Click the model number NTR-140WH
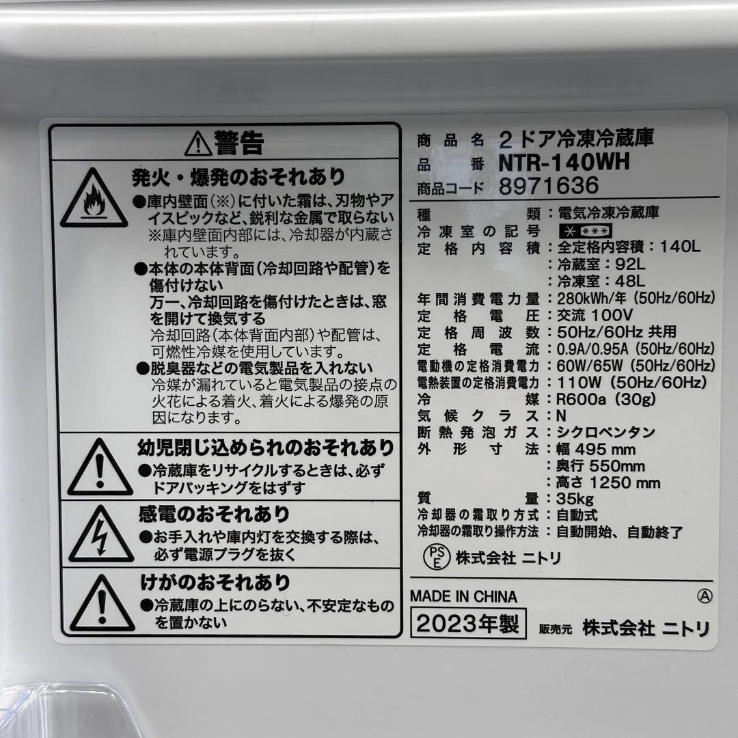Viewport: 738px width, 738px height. [x=564, y=163]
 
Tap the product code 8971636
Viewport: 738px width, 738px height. [x=549, y=186]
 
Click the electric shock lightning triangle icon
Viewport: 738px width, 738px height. [x=101, y=534]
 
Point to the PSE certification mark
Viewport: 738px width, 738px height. [x=433, y=557]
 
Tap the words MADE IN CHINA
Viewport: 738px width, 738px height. [x=463, y=597]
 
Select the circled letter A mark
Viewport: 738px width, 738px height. [x=704, y=596]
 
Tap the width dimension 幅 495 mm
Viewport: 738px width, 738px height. [x=597, y=449]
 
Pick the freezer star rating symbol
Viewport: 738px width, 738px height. [x=585, y=231]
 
